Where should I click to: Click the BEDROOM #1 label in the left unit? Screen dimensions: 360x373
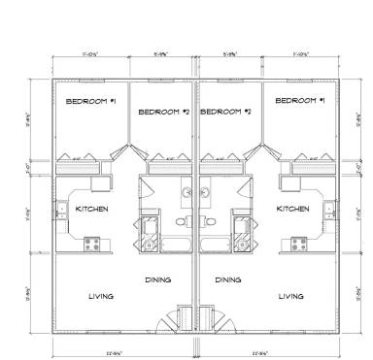click(85, 102)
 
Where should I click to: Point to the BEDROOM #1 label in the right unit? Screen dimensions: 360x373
click(299, 102)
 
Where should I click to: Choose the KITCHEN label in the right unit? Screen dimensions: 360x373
click(292, 209)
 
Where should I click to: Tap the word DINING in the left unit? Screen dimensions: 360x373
click(158, 279)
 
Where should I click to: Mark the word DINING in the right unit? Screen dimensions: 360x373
click(228, 279)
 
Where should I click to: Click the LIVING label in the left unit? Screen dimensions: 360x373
click(101, 296)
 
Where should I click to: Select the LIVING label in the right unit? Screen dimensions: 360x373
click(291, 296)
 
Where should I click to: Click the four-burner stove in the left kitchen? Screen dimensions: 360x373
click(91, 243)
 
